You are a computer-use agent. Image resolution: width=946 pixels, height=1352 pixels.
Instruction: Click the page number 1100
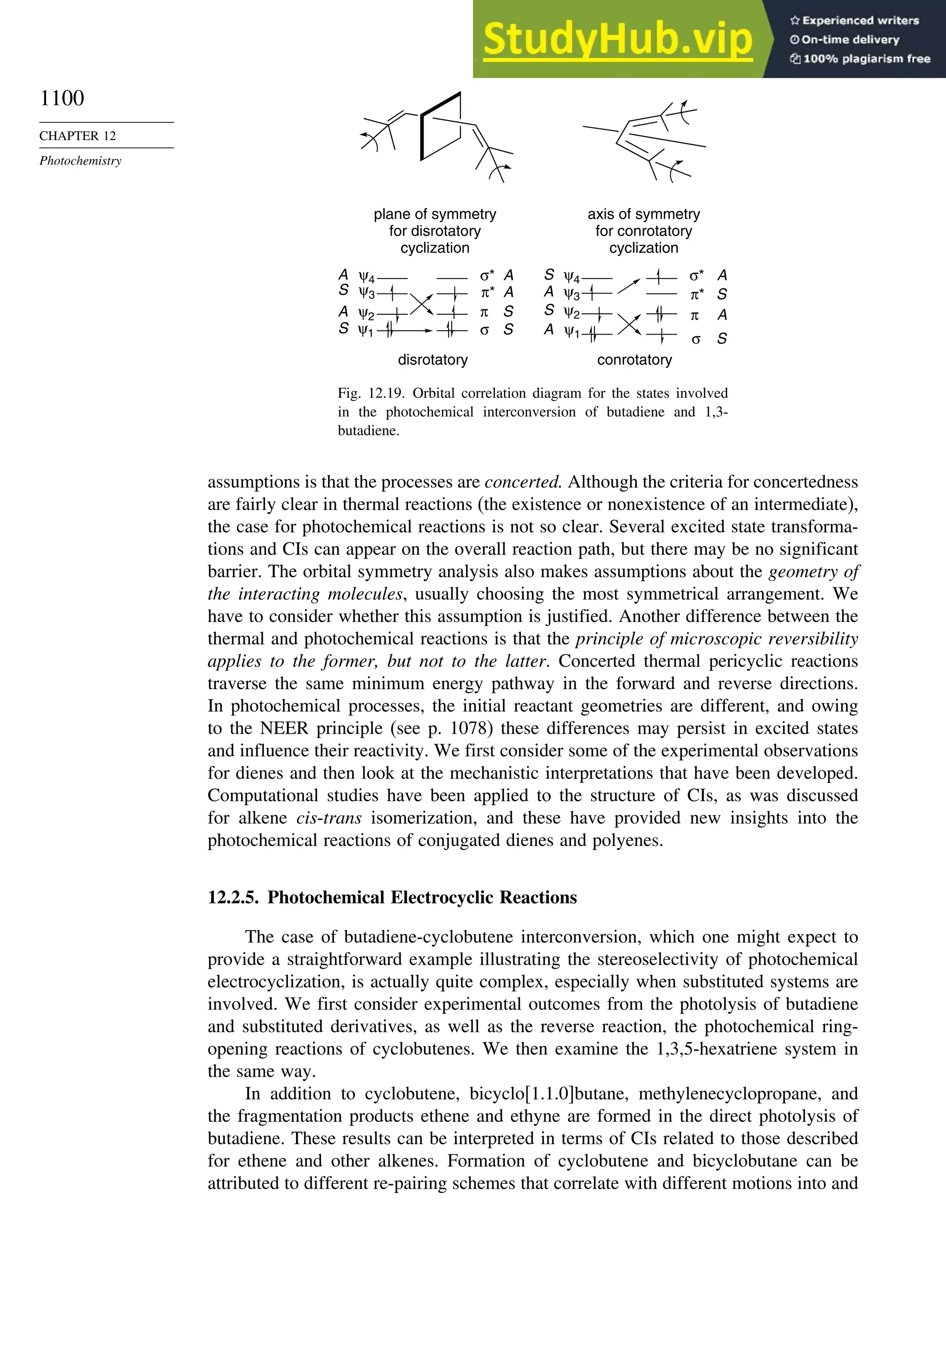click(62, 98)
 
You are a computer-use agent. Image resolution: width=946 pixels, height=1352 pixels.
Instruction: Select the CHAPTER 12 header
click(78, 136)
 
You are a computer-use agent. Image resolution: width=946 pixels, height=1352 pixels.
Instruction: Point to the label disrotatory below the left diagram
click(433, 360)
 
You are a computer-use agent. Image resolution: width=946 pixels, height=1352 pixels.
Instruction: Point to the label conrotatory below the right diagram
click(634, 360)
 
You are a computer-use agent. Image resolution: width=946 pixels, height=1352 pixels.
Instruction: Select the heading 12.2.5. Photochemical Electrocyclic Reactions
click(392, 897)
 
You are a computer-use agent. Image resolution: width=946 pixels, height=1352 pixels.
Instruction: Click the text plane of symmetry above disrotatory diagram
click(435, 214)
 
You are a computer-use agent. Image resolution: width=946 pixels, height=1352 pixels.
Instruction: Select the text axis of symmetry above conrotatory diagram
click(643, 214)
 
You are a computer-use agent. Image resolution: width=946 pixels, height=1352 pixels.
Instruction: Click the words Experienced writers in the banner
click(860, 21)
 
